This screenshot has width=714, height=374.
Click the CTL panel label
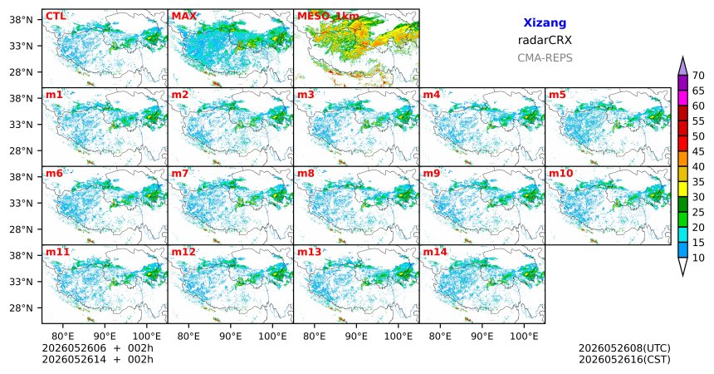tap(56, 17)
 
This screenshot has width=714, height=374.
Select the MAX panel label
tap(184, 17)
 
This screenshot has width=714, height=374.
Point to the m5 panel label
tap(557, 95)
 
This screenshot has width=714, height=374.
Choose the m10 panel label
tap(560, 174)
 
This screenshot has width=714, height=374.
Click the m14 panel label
tap(435, 252)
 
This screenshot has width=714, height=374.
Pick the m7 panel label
tap(180, 174)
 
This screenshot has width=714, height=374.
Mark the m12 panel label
tap(183, 252)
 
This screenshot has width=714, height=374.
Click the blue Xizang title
tap(545, 22)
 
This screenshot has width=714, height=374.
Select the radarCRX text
tap(545, 40)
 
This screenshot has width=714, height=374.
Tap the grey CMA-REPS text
tap(545, 58)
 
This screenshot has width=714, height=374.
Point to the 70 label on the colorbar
tap(698, 76)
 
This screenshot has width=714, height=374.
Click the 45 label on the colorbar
tap(698, 151)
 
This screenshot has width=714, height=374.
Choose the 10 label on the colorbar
tap(698, 258)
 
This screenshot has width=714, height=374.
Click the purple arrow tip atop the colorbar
tap(682, 57)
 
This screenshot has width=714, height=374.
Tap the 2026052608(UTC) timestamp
tap(624, 348)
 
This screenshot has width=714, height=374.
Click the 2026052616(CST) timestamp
tap(624, 360)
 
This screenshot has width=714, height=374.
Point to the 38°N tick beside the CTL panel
tap(21, 20)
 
